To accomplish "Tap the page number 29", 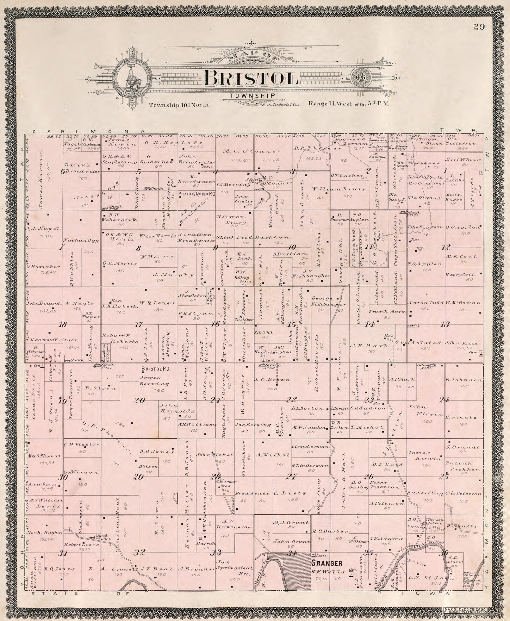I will [479, 27].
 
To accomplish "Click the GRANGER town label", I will [327, 563].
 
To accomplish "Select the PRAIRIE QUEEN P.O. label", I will [197, 194].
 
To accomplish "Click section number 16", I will [215, 324].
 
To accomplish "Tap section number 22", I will [292, 399].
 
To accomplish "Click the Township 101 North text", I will [179, 105].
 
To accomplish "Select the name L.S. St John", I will [431, 578].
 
